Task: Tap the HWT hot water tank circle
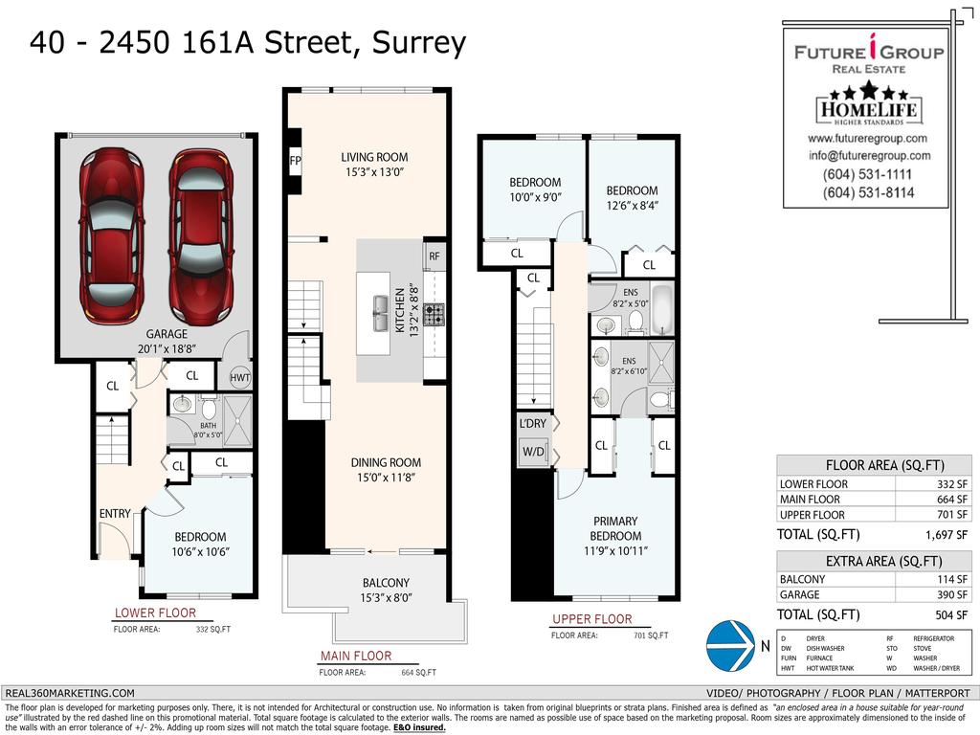[x=239, y=378]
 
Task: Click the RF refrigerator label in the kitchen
[x=434, y=256]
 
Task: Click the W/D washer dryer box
[x=533, y=452]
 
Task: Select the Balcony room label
[x=386, y=583]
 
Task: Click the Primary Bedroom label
[x=614, y=528]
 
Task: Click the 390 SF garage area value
[x=953, y=594]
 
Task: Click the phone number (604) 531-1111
[x=867, y=174]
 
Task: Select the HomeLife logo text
[x=868, y=112]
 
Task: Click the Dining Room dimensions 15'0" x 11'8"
[x=386, y=478]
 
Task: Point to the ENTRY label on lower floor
[x=115, y=514]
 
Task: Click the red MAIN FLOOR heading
[x=355, y=656]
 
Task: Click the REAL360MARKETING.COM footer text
[x=70, y=693]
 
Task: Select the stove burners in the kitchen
[x=434, y=315]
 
